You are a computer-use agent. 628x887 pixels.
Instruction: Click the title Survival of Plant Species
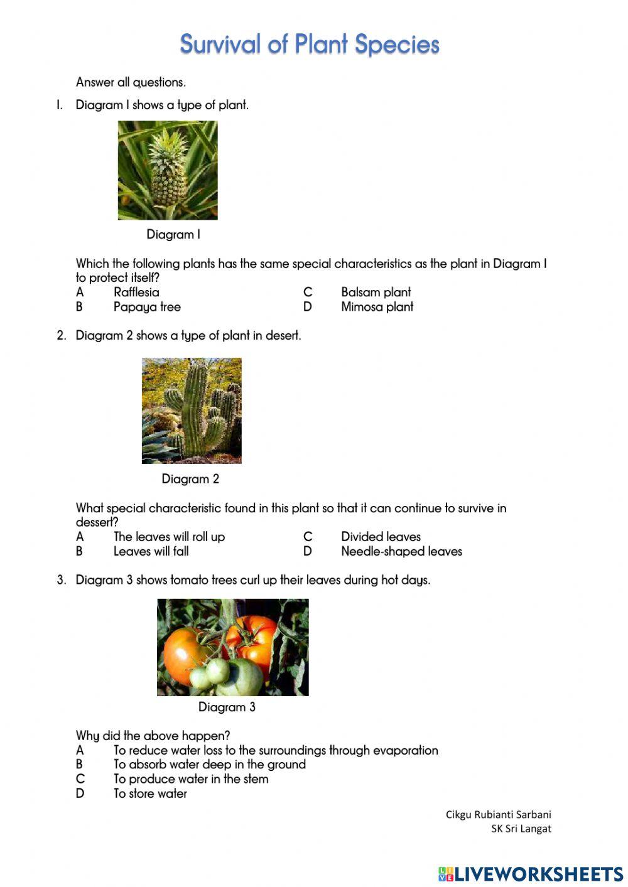click(x=309, y=45)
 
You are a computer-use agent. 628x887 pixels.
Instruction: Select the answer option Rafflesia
click(x=136, y=293)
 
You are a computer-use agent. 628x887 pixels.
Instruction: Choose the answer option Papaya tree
click(x=147, y=307)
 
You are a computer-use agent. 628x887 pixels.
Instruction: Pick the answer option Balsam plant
click(x=376, y=293)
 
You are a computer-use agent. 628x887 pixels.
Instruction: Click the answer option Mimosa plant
click(x=377, y=307)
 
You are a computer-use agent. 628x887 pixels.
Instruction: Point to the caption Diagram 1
click(x=173, y=235)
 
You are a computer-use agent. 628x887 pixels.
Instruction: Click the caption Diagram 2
click(x=190, y=479)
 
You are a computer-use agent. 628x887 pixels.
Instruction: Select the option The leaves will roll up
click(x=169, y=537)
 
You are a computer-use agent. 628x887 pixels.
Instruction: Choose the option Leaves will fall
click(x=151, y=552)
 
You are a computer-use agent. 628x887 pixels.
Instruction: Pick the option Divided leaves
click(x=381, y=537)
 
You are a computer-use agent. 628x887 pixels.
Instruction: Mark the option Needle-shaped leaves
click(x=401, y=552)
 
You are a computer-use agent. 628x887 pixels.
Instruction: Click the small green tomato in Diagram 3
click(x=217, y=670)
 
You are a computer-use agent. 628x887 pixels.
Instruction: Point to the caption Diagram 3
click(x=227, y=707)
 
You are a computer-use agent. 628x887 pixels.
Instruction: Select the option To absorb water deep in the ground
click(x=209, y=765)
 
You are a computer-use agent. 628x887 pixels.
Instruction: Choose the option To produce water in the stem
click(x=191, y=779)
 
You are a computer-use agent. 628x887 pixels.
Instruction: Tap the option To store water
click(x=150, y=794)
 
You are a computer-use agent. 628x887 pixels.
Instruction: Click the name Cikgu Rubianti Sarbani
click(x=498, y=815)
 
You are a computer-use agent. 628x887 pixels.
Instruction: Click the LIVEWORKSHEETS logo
click(x=531, y=874)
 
